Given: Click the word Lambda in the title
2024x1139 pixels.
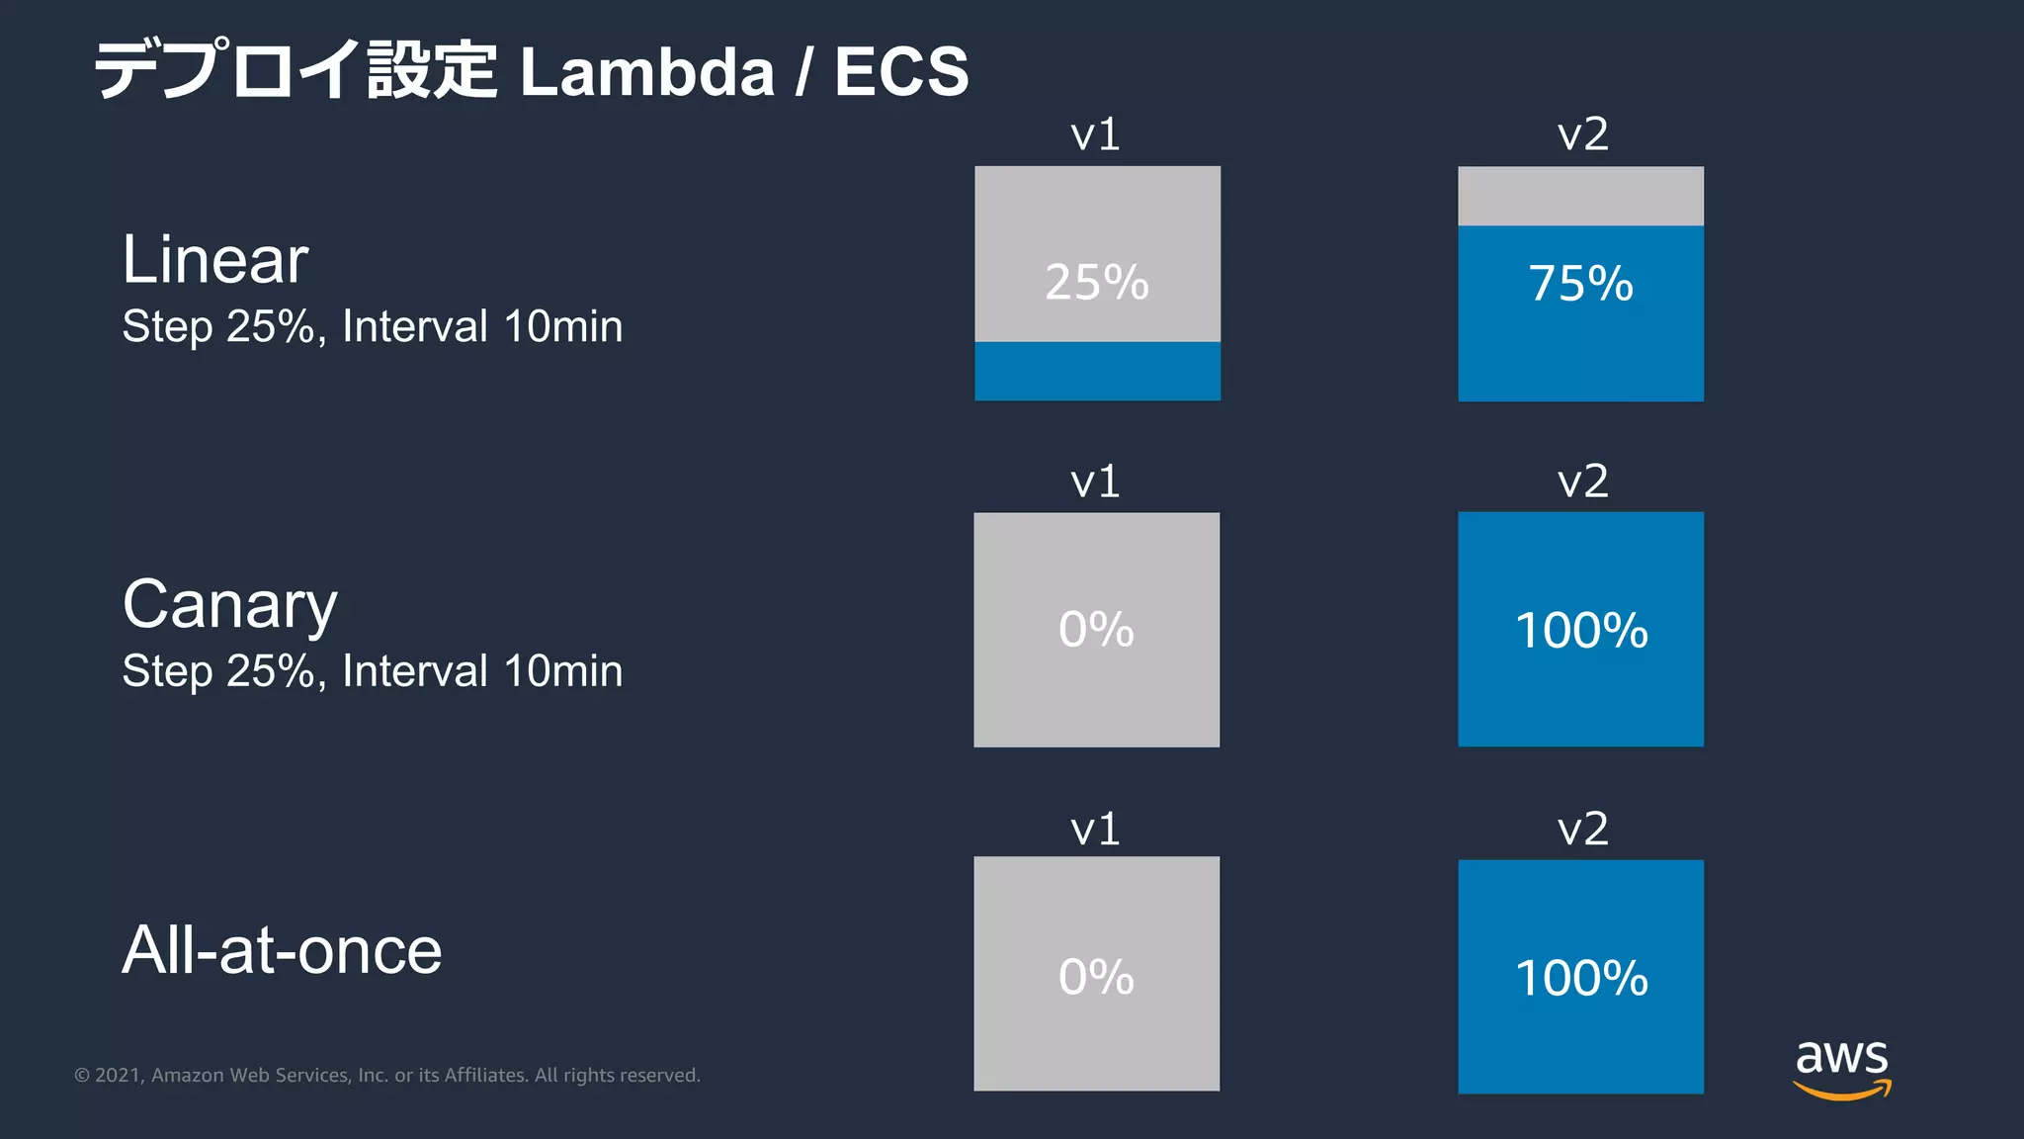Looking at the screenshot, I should point(646,72).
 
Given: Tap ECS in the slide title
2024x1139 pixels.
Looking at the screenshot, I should point(900,72).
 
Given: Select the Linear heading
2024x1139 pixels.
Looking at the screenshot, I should point(215,260).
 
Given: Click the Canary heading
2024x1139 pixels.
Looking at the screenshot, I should point(229,605).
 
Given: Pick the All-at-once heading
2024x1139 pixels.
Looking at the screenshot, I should point(282,950).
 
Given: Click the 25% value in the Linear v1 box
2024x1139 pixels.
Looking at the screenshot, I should point(1097,283).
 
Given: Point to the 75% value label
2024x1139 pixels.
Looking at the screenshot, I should point(1580,284).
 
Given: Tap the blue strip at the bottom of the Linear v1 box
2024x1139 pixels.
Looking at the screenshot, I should point(1097,371).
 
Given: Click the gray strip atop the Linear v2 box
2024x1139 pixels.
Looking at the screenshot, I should point(1580,196).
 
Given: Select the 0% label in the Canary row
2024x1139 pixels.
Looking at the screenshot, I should point(1096,630).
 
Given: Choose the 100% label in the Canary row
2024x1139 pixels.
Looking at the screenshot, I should point(1581,631).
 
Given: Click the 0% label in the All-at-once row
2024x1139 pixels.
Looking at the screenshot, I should point(1096,977).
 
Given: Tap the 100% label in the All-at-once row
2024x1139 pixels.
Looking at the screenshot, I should point(1581,978).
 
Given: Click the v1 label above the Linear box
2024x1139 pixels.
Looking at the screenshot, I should point(1095,134).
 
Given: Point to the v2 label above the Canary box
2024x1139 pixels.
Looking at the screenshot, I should point(1582,482).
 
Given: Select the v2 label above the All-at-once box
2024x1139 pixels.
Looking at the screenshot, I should point(1582,829).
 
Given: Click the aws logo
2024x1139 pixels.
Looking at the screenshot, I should point(1841,1067).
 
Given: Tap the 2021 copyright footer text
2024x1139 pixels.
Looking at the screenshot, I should point(386,1075).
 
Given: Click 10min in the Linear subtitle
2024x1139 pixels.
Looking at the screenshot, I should point(563,326).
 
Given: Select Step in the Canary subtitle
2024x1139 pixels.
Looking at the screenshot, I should point(167,672).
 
